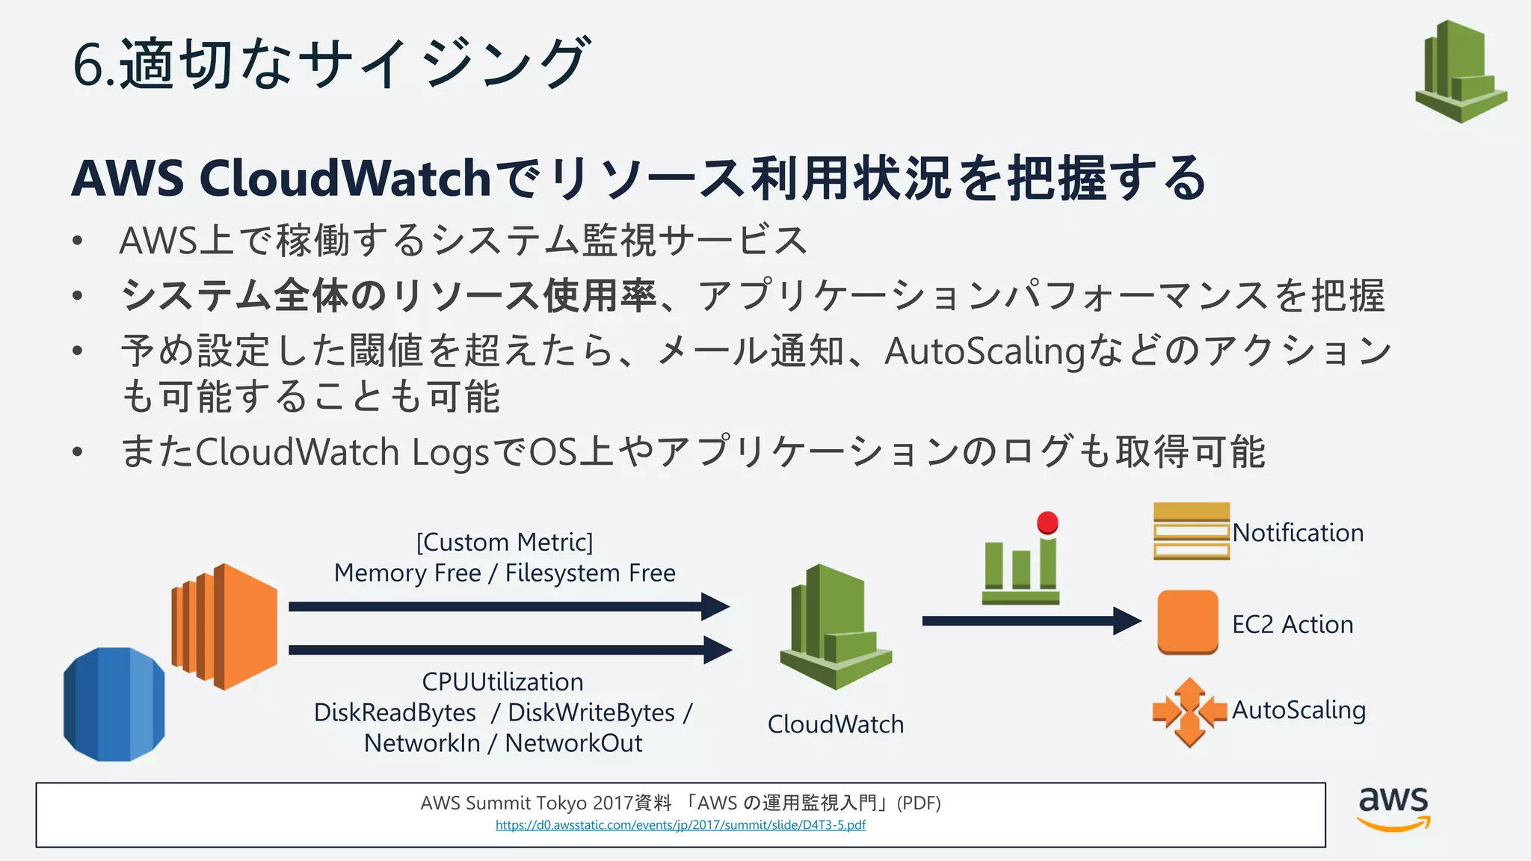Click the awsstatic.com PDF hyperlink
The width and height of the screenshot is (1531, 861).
(x=680, y=825)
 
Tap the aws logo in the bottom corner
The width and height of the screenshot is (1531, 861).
(x=1393, y=809)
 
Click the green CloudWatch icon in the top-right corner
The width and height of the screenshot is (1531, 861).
(x=1461, y=72)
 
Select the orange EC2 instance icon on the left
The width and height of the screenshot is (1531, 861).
(x=224, y=626)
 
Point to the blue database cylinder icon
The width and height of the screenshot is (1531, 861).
(x=114, y=704)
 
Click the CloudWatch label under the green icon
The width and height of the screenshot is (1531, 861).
(x=836, y=724)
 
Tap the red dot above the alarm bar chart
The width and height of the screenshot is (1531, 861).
(x=1047, y=522)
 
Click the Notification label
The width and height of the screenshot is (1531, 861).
(x=1298, y=533)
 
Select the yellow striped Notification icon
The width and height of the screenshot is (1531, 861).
(x=1191, y=531)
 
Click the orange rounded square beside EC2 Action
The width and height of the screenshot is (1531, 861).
(x=1187, y=622)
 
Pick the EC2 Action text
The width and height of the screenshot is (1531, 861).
(x=1293, y=625)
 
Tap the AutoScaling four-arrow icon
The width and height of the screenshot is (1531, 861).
(x=1189, y=712)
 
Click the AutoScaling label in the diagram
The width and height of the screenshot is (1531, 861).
(x=1299, y=710)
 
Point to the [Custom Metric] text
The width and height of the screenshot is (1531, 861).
(x=505, y=542)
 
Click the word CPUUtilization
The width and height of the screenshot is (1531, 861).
(x=502, y=682)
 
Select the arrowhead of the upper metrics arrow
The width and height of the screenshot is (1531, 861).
(x=715, y=605)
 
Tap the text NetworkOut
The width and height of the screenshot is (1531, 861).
(x=573, y=744)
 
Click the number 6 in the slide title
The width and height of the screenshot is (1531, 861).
(x=87, y=64)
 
